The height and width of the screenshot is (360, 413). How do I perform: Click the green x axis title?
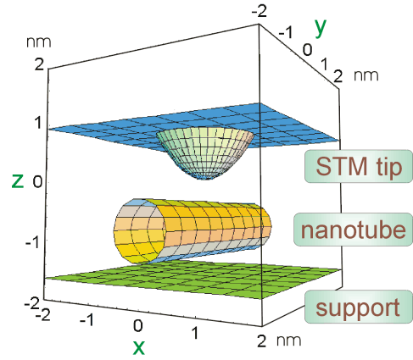click(x=139, y=347)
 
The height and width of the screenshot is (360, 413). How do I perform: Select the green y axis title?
click(x=321, y=28)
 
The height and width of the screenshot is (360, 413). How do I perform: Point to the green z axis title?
click(x=18, y=181)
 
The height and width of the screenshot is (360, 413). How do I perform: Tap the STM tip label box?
click(x=359, y=166)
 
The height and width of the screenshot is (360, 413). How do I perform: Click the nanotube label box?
click(x=353, y=230)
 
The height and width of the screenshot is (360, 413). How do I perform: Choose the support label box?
click(x=359, y=307)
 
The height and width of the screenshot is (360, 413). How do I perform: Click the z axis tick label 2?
click(x=39, y=64)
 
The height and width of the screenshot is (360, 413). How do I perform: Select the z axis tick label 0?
click(x=37, y=182)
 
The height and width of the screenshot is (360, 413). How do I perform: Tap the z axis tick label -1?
click(x=32, y=242)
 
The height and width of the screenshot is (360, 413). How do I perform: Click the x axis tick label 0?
click(x=138, y=325)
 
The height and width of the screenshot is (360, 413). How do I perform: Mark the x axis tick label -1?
click(x=87, y=320)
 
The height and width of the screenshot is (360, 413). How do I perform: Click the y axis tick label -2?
click(x=260, y=12)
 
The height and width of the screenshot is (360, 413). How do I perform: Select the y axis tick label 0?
click(x=308, y=50)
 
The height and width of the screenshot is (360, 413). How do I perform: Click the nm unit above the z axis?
click(x=39, y=42)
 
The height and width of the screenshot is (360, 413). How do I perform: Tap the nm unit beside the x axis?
click(x=288, y=341)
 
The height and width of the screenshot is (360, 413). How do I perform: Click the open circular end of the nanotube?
click(x=139, y=230)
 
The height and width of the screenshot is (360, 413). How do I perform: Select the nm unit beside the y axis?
click(x=366, y=75)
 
